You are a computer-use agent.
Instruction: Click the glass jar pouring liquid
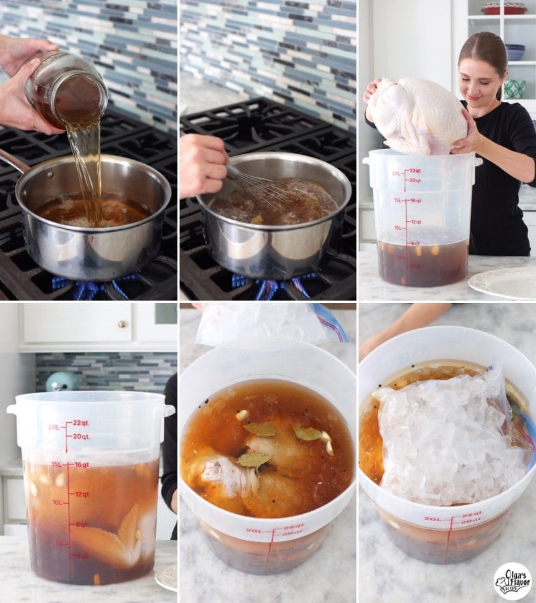pos(67,90)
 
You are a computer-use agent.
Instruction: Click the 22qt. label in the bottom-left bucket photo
pos(81,423)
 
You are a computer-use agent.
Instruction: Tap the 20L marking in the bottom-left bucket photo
pos(54,427)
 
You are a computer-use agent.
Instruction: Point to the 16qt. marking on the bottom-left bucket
pos(82,464)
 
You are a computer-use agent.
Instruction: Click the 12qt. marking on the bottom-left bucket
pos(82,494)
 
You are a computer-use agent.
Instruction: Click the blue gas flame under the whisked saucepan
pos(268,288)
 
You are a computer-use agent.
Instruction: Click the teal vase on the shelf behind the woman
pos(515,89)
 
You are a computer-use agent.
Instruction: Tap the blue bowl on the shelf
pos(515,52)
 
